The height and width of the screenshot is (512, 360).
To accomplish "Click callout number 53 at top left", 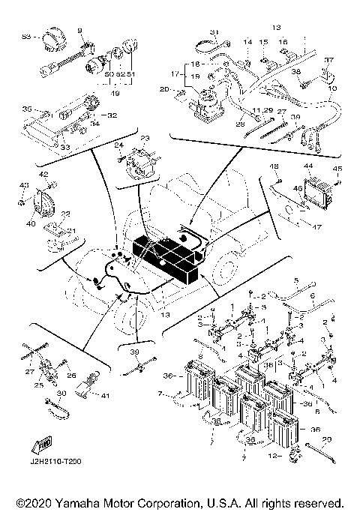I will coord(27,35).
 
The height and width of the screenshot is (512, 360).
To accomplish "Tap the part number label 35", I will coord(26,109).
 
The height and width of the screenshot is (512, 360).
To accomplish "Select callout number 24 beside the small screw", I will coord(118,145).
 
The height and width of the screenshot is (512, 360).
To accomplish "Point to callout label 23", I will coord(145,139).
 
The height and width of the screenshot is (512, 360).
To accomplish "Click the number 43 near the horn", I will coord(23,186).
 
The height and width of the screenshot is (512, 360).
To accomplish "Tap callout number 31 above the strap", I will coord(213,31).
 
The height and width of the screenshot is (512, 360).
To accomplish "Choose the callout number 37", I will coord(328,59).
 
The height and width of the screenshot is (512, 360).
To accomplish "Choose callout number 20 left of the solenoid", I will coord(163,89).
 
